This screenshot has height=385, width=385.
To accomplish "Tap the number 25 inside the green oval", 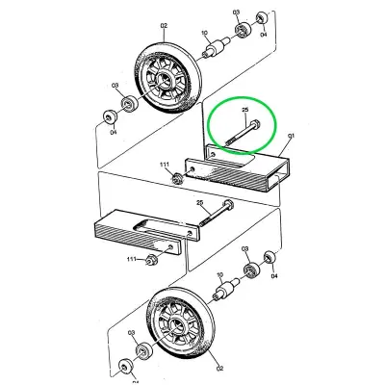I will click(245, 112).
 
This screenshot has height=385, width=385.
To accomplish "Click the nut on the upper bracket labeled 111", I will click(179, 176).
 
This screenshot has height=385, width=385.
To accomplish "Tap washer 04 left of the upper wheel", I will click(108, 118).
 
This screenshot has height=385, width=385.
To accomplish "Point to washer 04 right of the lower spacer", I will click(269, 263).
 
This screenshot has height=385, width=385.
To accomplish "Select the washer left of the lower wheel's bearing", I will click(127, 366).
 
